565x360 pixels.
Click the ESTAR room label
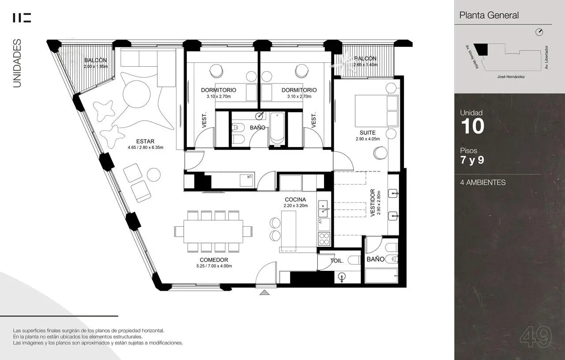point(145,141)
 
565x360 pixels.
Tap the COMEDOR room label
point(214,260)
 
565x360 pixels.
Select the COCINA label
point(295,200)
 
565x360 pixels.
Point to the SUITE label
point(368,133)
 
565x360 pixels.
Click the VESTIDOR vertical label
point(373,203)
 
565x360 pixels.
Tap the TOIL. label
point(337,261)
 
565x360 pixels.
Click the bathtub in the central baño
point(277,129)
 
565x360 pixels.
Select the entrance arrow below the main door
point(264,292)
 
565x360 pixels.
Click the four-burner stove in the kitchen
point(324,239)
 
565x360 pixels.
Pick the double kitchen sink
point(323,209)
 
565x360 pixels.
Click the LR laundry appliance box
point(247,180)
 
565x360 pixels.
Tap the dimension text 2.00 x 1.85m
point(96,66)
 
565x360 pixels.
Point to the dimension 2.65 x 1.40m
point(365,64)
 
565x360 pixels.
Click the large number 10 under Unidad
point(473,126)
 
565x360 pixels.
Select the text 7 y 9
point(472,160)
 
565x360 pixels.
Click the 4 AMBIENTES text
point(483,182)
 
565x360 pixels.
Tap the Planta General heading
point(489,15)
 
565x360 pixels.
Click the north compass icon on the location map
point(539,32)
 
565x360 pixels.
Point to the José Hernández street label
point(511,77)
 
